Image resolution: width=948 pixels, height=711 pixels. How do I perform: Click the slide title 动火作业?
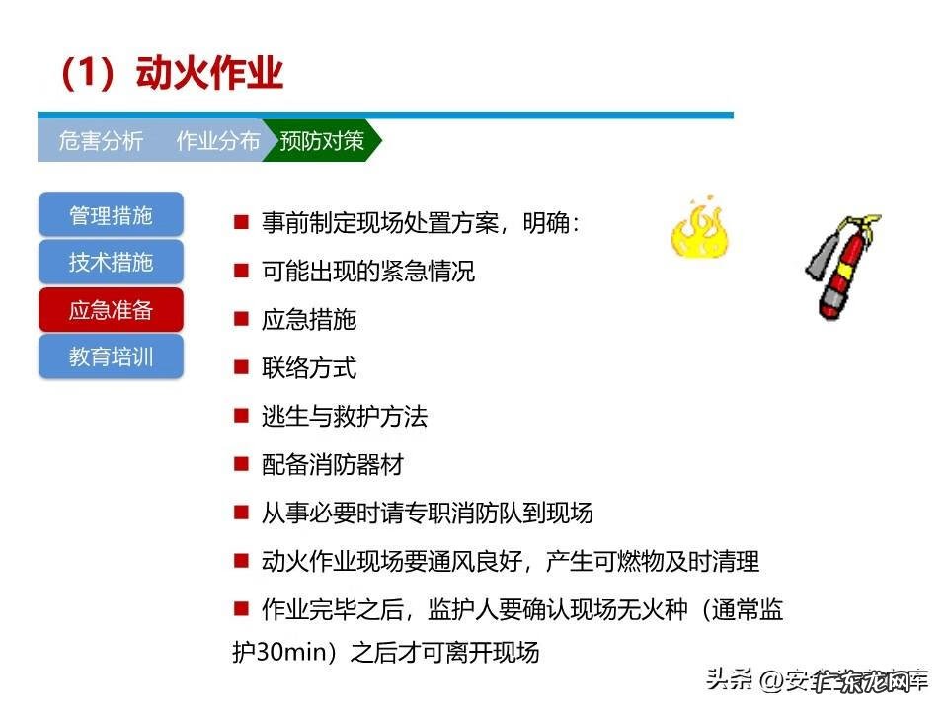click(x=172, y=74)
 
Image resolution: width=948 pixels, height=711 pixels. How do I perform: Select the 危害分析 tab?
click(x=101, y=141)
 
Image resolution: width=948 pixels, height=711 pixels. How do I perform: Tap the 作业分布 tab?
click(x=218, y=141)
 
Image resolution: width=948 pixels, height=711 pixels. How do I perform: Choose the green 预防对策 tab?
click(x=322, y=141)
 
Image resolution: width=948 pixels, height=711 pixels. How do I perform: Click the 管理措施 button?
click(x=111, y=215)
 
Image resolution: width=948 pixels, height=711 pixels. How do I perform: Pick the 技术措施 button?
click(x=111, y=263)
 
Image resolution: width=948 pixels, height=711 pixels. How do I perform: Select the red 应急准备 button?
click(x=111, y=310)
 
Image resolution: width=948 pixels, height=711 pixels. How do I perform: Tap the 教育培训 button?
click(x=111, y=356)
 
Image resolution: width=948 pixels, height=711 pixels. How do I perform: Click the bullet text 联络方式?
click(x=309, y=368)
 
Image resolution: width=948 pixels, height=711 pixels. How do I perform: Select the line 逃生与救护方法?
click(x=345, y=417)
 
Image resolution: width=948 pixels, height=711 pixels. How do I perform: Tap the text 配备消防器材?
click(x=333, y=465)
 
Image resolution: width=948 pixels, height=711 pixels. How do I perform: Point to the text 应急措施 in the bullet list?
click(x=309, y=320)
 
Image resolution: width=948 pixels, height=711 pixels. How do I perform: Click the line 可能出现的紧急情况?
click(x=368, y=272)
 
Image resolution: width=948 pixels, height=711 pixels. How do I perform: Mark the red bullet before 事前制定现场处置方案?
click(x=240, y=222)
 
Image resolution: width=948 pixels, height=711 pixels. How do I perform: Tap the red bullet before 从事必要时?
click(x=240, y=513)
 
